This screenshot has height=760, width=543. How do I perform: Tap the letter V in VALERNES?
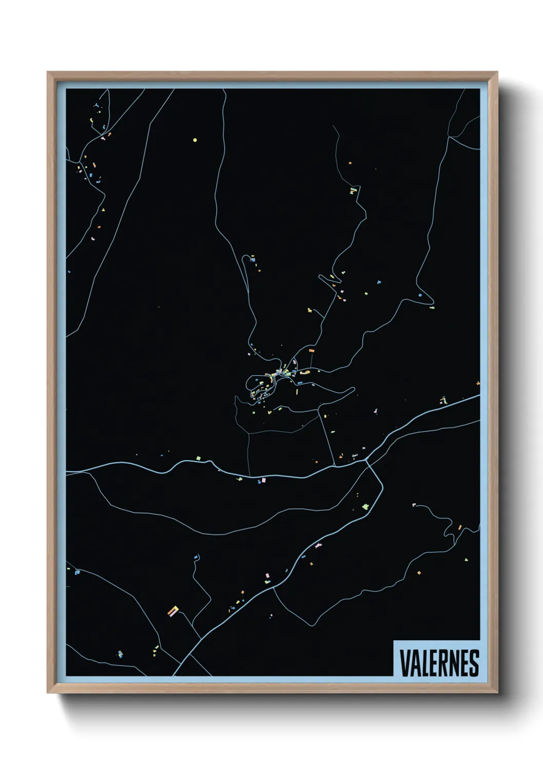[x=404, y=663]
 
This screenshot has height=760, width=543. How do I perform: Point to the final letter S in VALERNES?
[x=474, y=663]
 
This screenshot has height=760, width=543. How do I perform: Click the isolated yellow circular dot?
[x=195, y=140]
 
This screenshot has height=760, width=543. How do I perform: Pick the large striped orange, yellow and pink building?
[x=173, y=611]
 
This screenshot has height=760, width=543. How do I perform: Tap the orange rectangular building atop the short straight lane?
[x=311, y=351]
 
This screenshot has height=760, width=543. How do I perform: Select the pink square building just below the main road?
[x=264, y=481]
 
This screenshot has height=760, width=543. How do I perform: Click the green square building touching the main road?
[x=198, y=458]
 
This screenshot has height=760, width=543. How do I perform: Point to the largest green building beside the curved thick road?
[x=365, y=507]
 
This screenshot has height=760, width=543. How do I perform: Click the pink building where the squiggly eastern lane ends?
[x=414, y=505]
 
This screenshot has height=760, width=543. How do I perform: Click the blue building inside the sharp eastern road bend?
[x=420, y=295]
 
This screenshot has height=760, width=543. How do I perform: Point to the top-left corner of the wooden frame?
[x=48, y=72]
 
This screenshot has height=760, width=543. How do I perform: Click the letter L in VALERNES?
[x=424, y=663]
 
